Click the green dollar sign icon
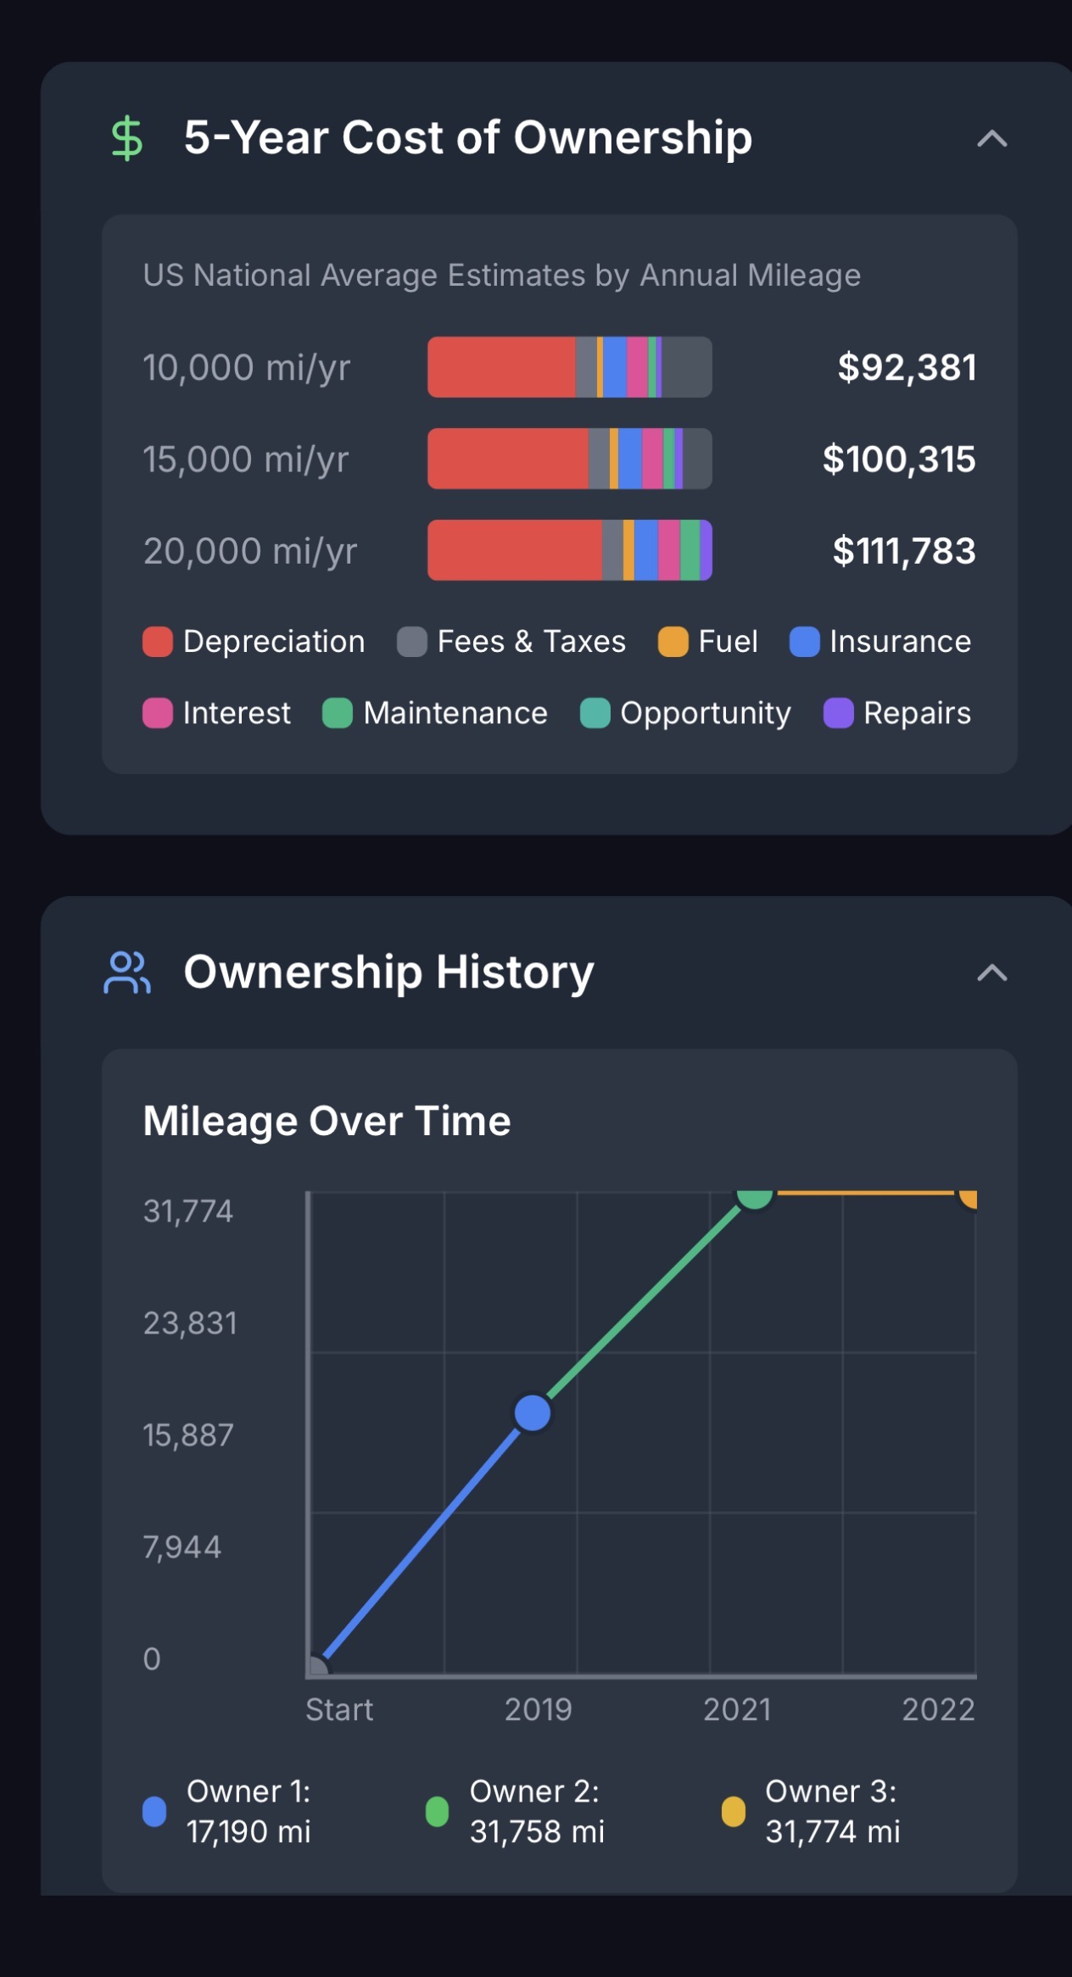(127, 138)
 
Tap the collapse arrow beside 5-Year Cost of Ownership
(991, 139)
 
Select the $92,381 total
(907, 367)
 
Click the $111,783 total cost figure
(903, 551)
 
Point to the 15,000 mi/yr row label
(246, 459)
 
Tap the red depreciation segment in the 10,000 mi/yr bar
(500, 367)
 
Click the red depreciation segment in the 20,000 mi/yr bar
(514, 550)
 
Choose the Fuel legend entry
(708, 642)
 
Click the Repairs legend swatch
(838, 713)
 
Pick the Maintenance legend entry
(435, 713)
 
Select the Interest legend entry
(217, 713)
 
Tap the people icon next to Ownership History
(127, 972)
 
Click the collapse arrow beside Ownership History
(991, 973)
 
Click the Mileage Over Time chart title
(327, 1121)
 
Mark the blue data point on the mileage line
(533, 1413)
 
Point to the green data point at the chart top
(754, 1196)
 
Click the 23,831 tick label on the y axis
(190, 1323)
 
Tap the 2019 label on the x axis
(538, 1709)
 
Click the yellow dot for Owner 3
(733, 1812)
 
